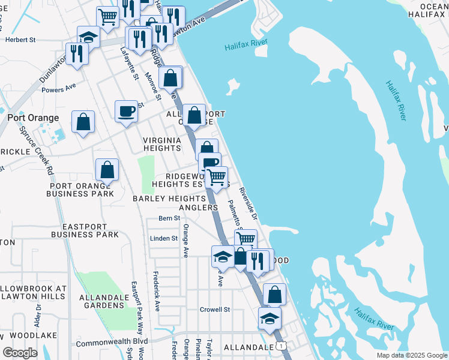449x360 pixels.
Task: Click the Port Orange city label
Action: tap(33, 118)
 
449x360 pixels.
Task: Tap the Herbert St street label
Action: tap(21, 40)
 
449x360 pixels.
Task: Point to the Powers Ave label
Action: tap(59, 88)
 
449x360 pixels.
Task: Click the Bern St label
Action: tap(169, 218)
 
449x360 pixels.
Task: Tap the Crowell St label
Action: tap(215, 310)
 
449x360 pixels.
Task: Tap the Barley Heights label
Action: tap(169, 199)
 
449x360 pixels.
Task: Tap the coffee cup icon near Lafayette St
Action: tap(126, 111)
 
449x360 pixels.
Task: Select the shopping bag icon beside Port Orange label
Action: tap(83, 122)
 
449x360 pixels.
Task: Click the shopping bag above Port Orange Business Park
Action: tap(107, 170)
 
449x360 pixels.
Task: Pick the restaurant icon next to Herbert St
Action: tap(77, 53)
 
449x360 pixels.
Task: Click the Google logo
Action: tap(20, 353)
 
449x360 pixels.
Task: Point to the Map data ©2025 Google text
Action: tap(411, 355)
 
